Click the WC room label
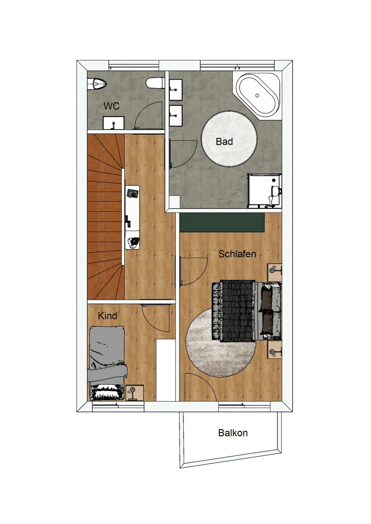[x=111, y=106]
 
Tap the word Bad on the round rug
[x=224, y=142]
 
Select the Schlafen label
[x=237, y=254]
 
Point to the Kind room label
[x=108, y=316]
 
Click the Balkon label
[x=233, y=433]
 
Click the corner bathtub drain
[x=257, y=96]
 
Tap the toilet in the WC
[x=155, y=83]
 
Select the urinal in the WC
[x=96, y=84]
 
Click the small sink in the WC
[x=113, y=123]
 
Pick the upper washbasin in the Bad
[x=176, y=90]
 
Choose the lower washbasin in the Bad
[x=176, y=116]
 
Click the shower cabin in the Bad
[x=264, y=191]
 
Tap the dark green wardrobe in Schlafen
[x=222, y=222]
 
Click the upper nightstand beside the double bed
[x=275, y=272]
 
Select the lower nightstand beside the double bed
[x=275, y=349]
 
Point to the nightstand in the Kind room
[x=135, y=393]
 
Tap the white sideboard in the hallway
[x=132, y=217]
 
